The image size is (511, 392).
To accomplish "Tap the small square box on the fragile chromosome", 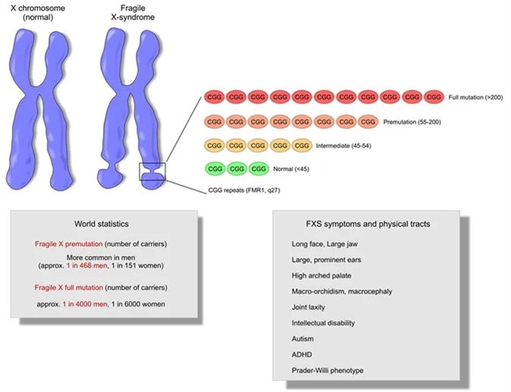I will [x=152, y=172].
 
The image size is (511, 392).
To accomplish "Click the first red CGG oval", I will [x=215, y=98].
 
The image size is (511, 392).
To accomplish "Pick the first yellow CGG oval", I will [x=215, y=145].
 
